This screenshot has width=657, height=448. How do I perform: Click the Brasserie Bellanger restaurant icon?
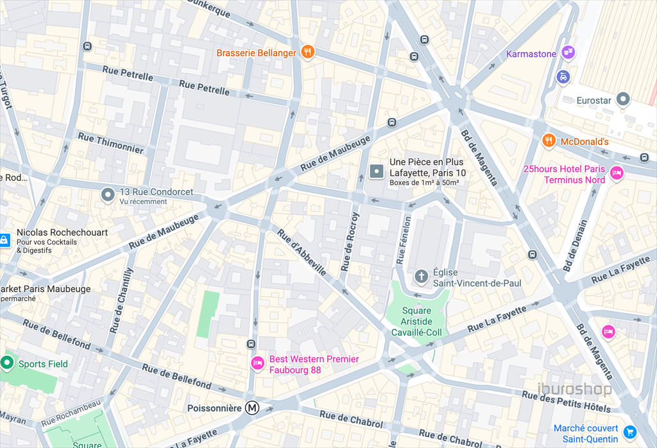point(308,53)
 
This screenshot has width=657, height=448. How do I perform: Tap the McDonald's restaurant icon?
point(549,141)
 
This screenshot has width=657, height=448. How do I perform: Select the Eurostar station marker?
point(623,99)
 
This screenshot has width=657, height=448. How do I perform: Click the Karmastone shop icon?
point(568,53)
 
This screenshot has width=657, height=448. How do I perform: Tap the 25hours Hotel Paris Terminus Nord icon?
point(617,173)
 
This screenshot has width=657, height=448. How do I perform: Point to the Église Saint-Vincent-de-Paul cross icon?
point(421,277)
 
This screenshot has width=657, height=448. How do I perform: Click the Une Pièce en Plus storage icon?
point(377,171)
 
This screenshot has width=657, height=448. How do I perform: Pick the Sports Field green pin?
point(7,364)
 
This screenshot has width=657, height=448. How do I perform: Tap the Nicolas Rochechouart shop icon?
point(4,239)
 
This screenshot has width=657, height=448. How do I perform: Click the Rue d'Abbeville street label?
point(302,252)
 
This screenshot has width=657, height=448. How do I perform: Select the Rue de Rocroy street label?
point(350,241)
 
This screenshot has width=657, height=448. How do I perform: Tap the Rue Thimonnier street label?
point(110,142)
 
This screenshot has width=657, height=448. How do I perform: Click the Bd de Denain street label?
point(575,246)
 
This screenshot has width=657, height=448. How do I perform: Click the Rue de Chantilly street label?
point(121,300)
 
